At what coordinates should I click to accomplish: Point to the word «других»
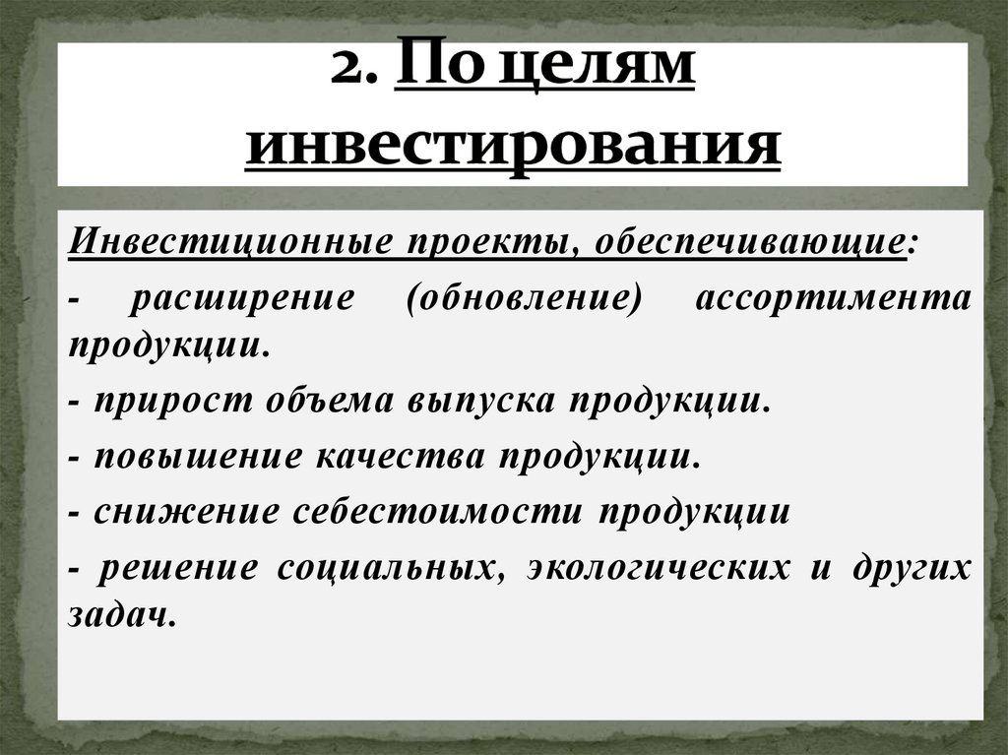(x=907, y=568)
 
